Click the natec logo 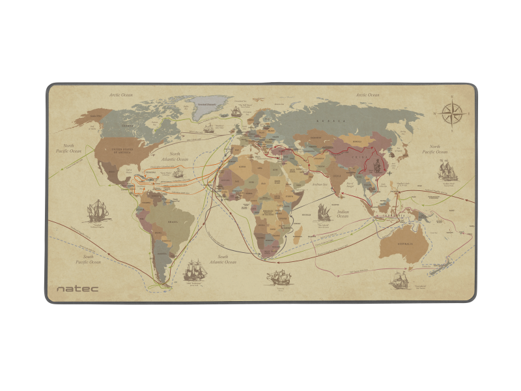pyautogui.click(x=77, y=287)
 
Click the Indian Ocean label pyautogui.click(x=344, y=214)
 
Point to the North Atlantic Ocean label pyautogui.click(x=175, y=156)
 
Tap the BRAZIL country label pyautogui.click(x=173, y=222)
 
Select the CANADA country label pyautogui.click(x=128, y=126)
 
